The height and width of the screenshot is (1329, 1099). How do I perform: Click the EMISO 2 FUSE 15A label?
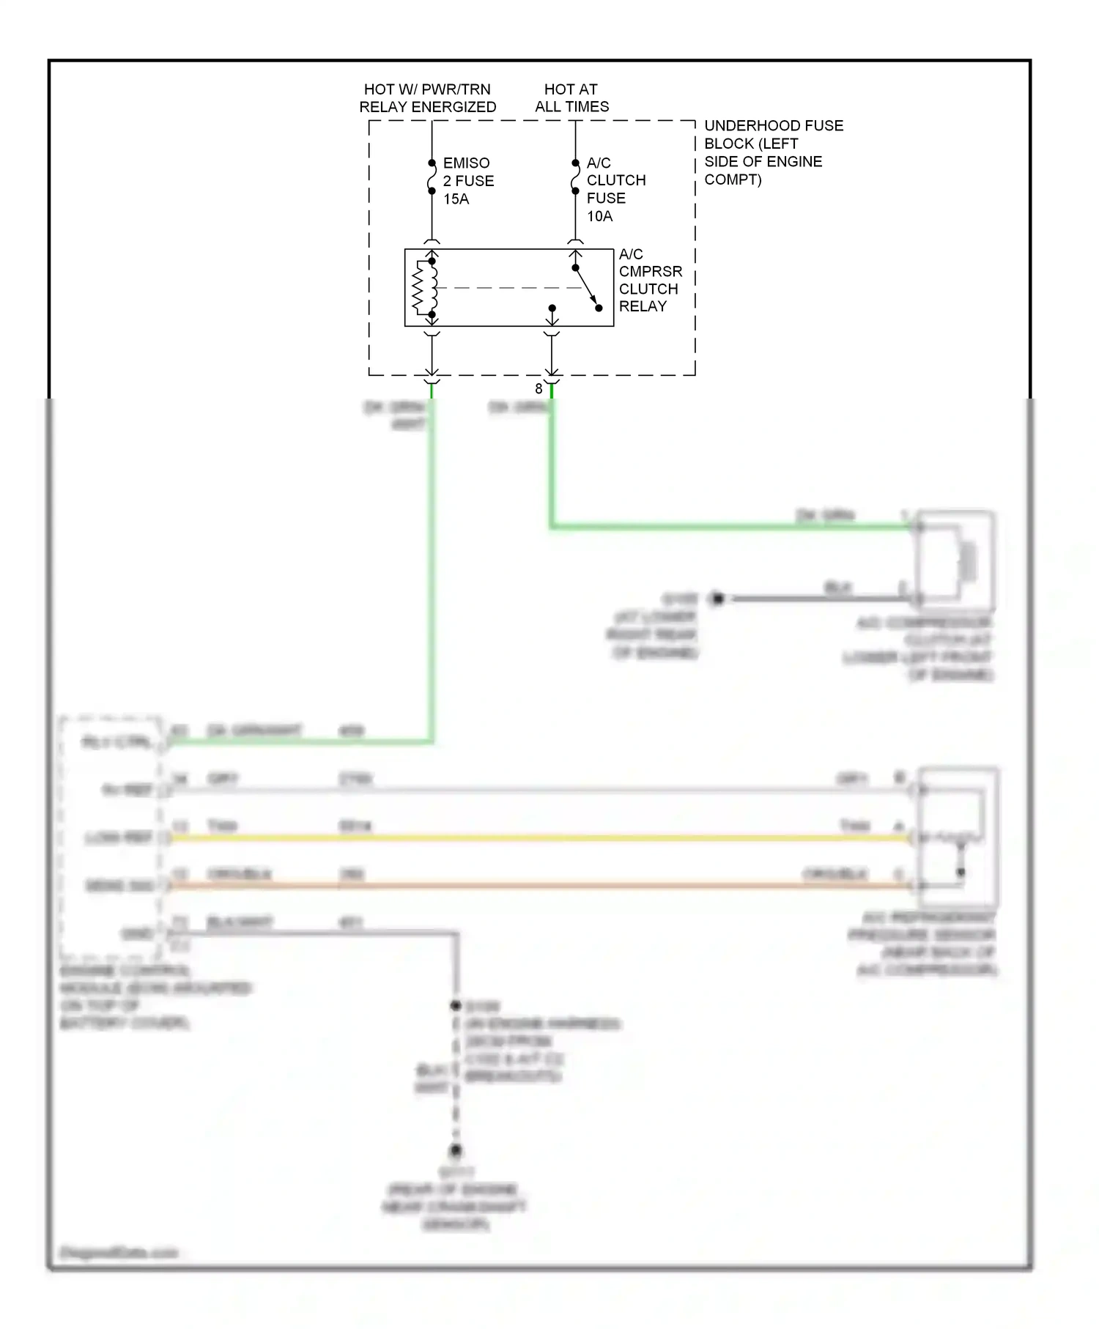pyautogui.click(x=467, y=181)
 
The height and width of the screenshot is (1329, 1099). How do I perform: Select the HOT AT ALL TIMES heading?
pyautogui.click(x=571, y=97)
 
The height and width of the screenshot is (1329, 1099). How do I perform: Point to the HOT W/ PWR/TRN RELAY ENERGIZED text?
pyautogui.click(x=427, y=97)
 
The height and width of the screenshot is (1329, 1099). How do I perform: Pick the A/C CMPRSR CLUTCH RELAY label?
pyautogui.click(x=649, y=281)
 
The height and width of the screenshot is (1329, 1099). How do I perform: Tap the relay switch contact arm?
pyautogui.click(x=586, y=287)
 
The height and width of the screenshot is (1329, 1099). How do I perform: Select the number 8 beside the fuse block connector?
pyautogui.click(x=539, y=389)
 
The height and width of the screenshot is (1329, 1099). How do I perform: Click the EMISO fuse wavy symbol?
pyautogui.click(x=432, y=177)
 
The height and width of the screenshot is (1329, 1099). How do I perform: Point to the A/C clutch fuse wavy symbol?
pyautogui.click(x=575, y=177)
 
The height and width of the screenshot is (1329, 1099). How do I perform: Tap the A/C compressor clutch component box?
pyautogui.click(x=955, y=560)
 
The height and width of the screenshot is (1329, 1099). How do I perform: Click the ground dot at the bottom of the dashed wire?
pyautogui.click(x=456, y=1150)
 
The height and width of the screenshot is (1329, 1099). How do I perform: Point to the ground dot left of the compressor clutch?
pyautogui.click(x=718, y=599)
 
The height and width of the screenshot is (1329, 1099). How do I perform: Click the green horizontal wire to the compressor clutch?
pyautogui.click(x=733, y=526)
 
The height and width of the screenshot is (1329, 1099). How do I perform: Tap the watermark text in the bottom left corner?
pyautogui.click(x=119, y=1252)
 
